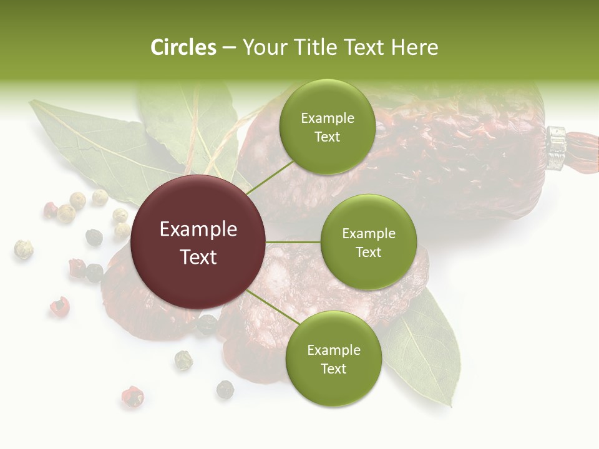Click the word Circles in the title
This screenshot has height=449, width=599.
click(x=183, y=47)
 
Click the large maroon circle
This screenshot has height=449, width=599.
click(x=198, y=242)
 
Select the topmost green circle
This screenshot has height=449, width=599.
click(x=327, y=127)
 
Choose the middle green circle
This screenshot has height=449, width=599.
click(x=368, y=242)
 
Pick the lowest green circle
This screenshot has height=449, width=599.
click(x=333, y=359)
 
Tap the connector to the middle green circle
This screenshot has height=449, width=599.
click(x=293, y=242)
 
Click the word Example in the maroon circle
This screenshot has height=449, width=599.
click(x=198, y=229)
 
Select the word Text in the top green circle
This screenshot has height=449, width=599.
click(x=327, y=137)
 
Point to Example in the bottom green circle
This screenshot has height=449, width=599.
click(x=333, y=350)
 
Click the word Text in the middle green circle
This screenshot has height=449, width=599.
click(x=368, y=252)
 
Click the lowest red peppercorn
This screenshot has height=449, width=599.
click(x=132, y=396)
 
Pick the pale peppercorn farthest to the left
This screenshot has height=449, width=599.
click(x=23, y=249)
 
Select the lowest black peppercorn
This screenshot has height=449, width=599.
click(x=225, y=390)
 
